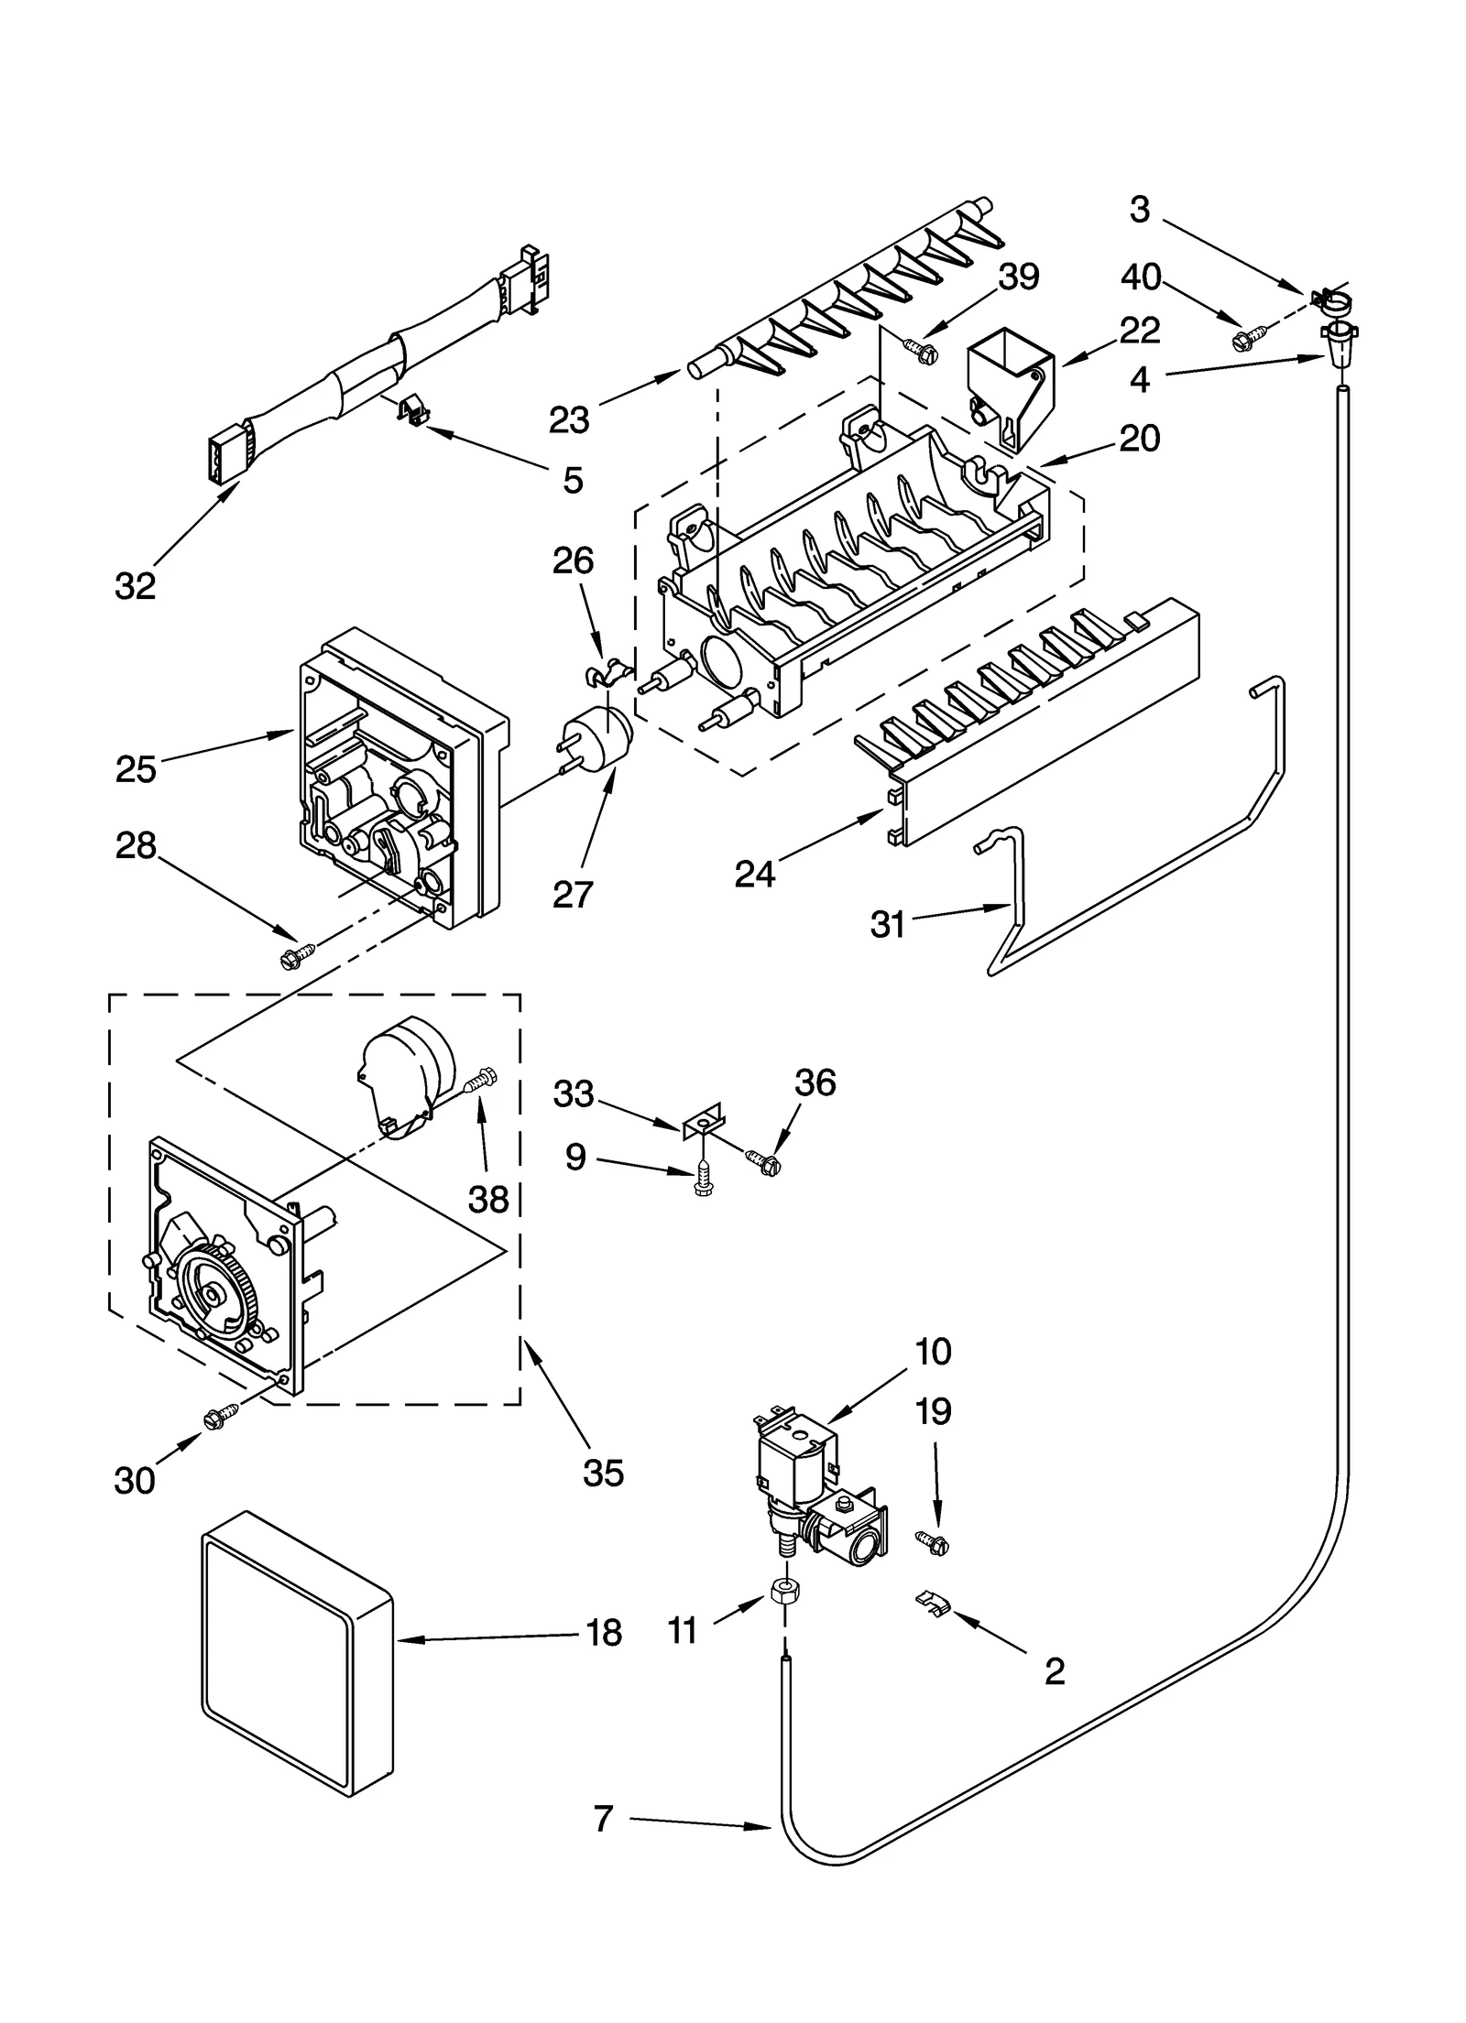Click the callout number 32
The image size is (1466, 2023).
(135, 586)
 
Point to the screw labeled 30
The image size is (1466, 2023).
(220, 1419)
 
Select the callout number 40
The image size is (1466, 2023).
(1141, 277)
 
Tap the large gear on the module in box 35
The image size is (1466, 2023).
(213, 1293)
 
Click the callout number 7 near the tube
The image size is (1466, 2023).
(602, 1818)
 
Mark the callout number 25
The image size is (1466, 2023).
(136, 769)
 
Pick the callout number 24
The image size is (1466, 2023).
(755, 875)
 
